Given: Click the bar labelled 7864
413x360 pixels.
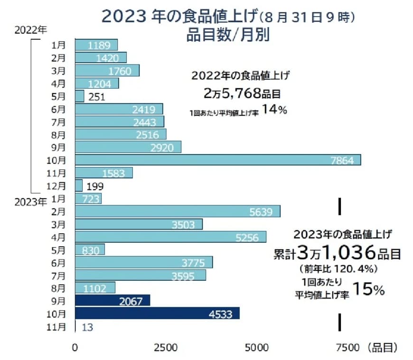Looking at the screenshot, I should point(218,160).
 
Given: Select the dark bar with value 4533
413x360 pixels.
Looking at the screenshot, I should point(157,314).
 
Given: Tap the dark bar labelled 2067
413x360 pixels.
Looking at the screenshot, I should point(113,301).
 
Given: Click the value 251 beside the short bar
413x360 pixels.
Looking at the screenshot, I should point(97,96).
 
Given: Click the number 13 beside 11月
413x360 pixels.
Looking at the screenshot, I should point(87,326).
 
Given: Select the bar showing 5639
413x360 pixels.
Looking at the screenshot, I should point(178,211).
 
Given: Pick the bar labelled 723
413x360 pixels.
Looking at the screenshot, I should point(88,198).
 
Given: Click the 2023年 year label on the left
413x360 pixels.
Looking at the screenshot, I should point(30,202).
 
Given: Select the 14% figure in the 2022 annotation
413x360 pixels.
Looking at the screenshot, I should point(274,109).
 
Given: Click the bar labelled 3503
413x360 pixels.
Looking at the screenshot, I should point(139,224).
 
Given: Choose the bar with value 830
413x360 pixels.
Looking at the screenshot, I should point(90,249).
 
